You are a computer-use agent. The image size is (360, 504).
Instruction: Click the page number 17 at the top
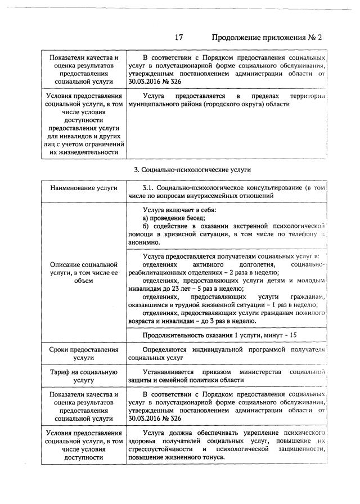[x=179, y=38]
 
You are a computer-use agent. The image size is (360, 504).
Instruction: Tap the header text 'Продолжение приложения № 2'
[x=267, y=38]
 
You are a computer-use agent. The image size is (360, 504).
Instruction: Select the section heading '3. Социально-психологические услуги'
[x=192, y=169]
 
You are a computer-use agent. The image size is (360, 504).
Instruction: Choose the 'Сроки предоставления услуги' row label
[x=83, y=353]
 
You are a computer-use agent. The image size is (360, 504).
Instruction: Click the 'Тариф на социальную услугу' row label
[x=83, y=376]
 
